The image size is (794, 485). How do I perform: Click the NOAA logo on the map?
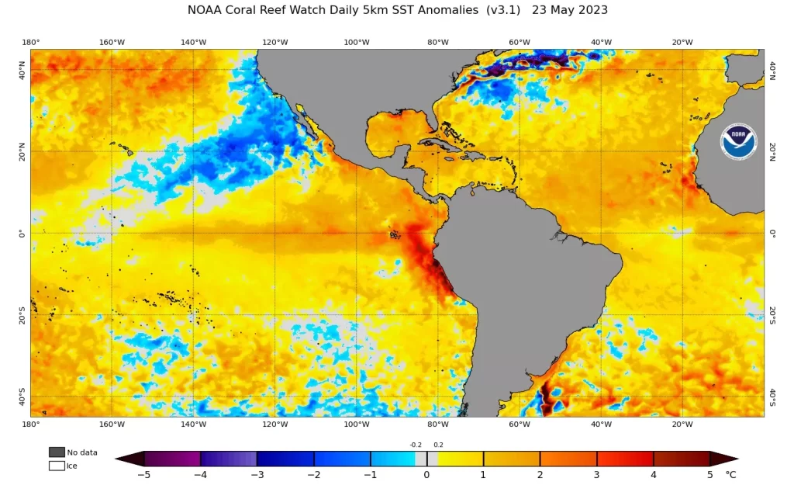click(737, 142)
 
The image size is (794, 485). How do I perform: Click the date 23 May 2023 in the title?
click(570, 10)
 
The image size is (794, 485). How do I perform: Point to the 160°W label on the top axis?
click(112, 42)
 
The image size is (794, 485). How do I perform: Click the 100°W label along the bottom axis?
click(356, 424)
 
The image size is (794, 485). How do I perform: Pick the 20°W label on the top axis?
click(682, 42)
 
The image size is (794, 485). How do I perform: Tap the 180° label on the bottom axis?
click(31, 424)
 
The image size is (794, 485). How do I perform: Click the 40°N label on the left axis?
click(22, 71)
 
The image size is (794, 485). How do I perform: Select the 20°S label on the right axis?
click(772, 314)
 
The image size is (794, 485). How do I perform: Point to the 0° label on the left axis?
click(22, 233)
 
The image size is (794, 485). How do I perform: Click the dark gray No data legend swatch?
click(57, 452)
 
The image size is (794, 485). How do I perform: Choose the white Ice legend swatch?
click(57, 466)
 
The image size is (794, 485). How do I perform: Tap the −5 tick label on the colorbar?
click(143, 474)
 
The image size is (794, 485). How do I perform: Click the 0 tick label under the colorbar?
click(426, 474)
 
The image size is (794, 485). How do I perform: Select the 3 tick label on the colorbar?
click(596, 474)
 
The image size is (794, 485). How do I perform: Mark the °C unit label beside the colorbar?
click(730, 474)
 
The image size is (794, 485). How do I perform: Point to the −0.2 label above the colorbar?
click(416, 445)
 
